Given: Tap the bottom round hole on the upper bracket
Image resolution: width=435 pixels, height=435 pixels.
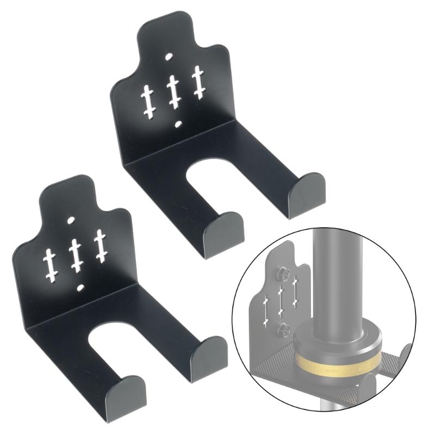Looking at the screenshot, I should click(x=177, y=125).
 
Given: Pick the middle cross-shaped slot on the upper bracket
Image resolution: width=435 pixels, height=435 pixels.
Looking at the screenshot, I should click(x=173, y=90).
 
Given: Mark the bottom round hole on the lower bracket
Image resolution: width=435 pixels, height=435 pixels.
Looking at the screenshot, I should click(x=80, y=286).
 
